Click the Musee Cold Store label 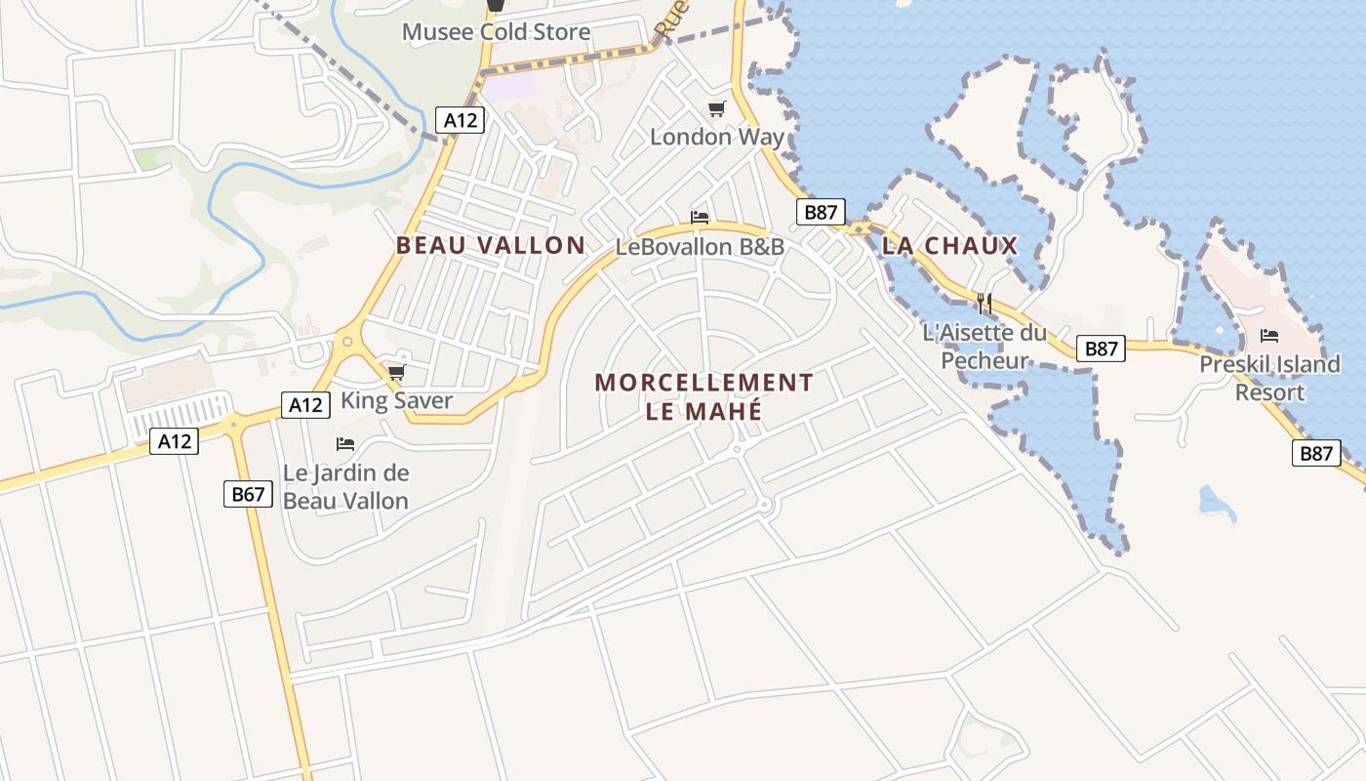[496, 32]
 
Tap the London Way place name [717, 137]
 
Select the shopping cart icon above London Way [717, 108]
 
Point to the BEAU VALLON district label [490, 245]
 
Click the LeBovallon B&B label [700, 247]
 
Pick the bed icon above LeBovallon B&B [700, 217]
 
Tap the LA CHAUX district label [949, 246]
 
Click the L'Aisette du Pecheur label [984, 347]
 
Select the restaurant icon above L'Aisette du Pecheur [984, 303]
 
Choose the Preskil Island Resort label [1269, 378]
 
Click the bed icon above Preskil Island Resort [1269, 336]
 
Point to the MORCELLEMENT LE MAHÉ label [703, 396]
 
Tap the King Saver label [396, 400]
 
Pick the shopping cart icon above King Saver [396, 372]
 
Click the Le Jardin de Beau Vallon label [345, 486]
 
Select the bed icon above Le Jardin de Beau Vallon [345, 444]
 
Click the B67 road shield [248, 494]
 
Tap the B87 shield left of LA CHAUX [820, 213]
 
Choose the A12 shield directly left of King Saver [304, 404]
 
